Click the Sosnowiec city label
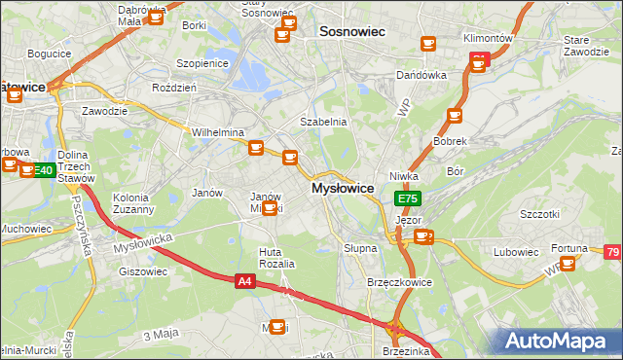tap(352, 31)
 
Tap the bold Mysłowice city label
tap(343, 188)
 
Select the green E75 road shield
tap(408, 198)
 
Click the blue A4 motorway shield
tap(245, 281)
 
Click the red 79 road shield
tap(612, 254)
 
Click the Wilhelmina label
tap(217, 132)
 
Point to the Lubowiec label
tap(516, 252)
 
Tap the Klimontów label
tap(489, 38)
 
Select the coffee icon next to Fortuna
tap(568, 264)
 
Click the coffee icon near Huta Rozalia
tap(277, 327)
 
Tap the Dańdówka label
tap(421, 75)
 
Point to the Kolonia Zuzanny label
tap(133, 203)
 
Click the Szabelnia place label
tap(323, 122)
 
